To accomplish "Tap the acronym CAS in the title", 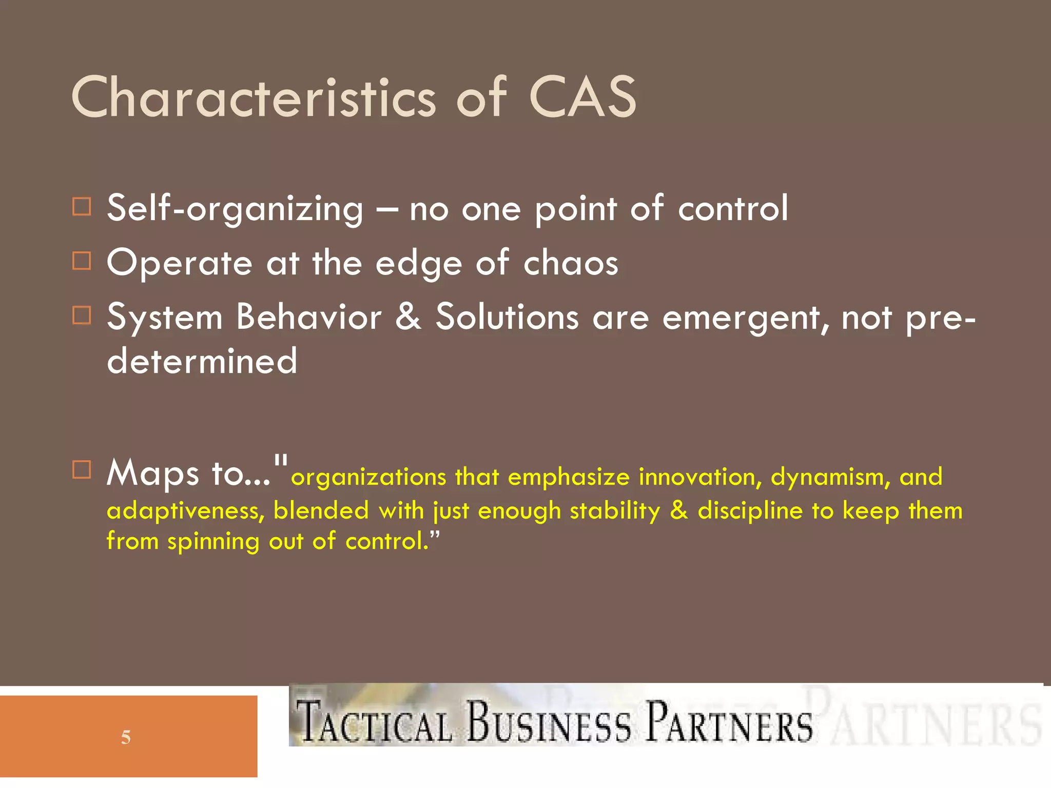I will (x=582, y=97).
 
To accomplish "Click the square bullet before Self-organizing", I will (x=82, y=207).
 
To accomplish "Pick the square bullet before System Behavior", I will (x=82, y=315).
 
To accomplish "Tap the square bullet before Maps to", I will (x=82, y=469).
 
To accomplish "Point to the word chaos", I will (x=571, y=263).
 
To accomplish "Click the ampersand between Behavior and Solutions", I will (x=408, y=316).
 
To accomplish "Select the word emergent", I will (x=745, y=318).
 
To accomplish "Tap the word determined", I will (x=202, y=361).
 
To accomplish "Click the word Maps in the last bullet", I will (x=152, y=473).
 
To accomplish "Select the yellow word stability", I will (x=615, y=511).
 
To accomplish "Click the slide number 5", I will (x=126, y=738).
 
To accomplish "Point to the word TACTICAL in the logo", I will (x=375, y=723).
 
